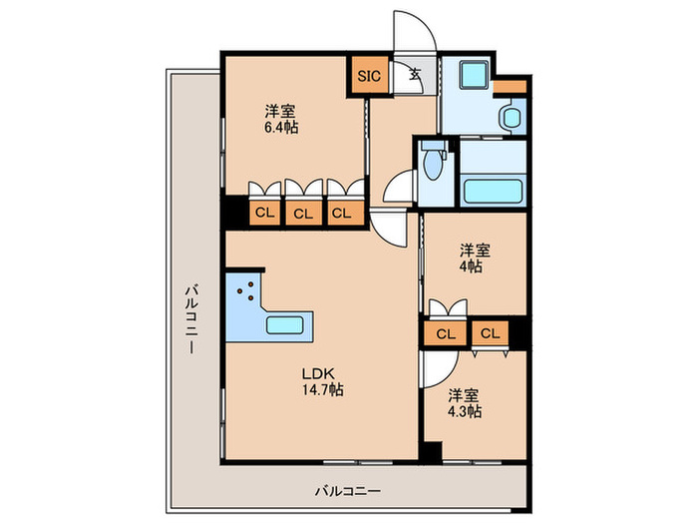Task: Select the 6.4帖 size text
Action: [x=282, y=127]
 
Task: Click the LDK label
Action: [x=317, y=374]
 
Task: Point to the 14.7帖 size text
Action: [x=323, y=390]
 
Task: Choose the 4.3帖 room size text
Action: [x=464, y=410]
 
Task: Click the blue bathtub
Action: [x=493, y=189]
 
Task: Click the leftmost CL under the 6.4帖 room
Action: [x=264, y=212]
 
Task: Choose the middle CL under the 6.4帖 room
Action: [x=303, y=212]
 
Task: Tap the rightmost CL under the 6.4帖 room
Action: [x=341, y=212]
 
